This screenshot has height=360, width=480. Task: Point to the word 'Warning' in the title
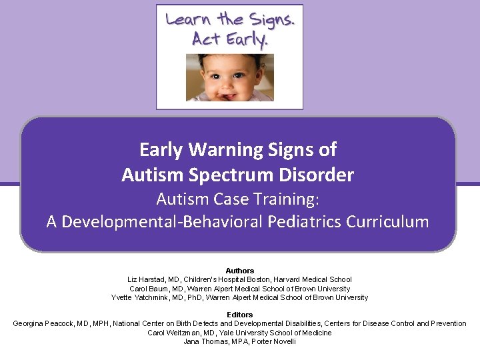222,149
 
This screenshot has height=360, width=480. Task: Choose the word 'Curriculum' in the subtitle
387,222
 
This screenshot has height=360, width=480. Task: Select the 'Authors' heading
239,271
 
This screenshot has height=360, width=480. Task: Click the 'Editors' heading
239,315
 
